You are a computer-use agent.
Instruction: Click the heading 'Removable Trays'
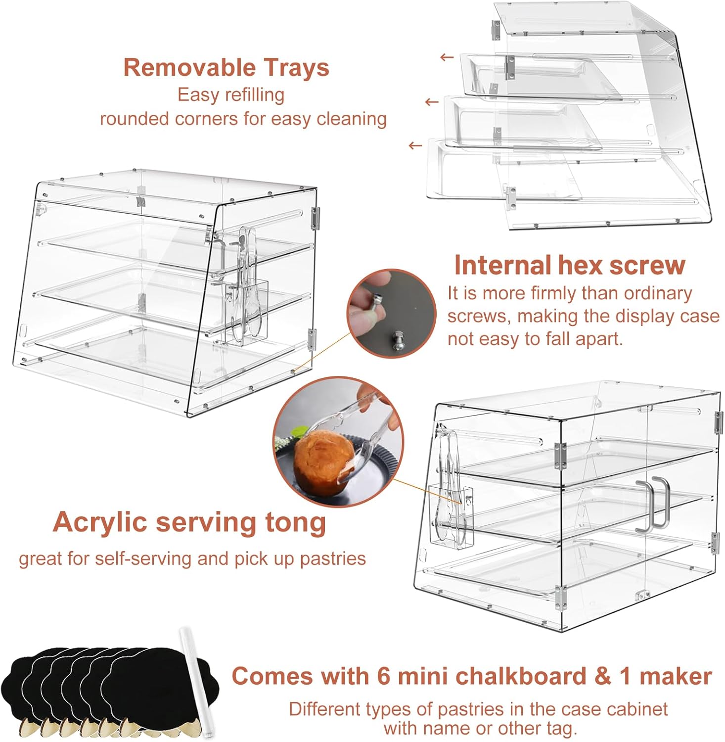click(x=226, y=67)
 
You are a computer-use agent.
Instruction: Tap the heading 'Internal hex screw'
click(x=570, y=265)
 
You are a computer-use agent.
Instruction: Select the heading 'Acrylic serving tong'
click(x=189, y=522)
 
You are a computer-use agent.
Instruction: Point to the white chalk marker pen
click(x=195, y=683)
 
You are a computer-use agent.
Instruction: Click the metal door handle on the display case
click(x=653, y=505)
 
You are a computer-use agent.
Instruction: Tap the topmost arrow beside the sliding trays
click(x=447, y=57)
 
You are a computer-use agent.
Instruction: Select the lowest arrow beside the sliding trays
click(x=415, y=145)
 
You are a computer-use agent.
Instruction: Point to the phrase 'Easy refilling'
click(x=231, y=95)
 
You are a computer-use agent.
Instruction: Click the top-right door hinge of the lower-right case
click(x=719, y=422)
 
